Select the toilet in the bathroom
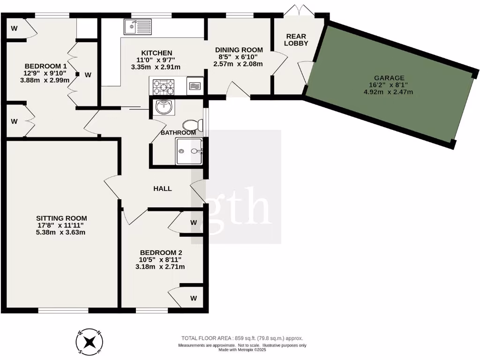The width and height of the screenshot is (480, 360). coord(193,125)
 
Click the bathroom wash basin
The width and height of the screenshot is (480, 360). coord(165,107)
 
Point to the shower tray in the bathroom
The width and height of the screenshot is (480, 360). coord(189,151)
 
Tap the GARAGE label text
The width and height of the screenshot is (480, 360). coord(389,78)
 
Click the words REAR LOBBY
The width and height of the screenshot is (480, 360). coord(297,39)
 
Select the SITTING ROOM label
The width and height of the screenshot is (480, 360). coord(62,218)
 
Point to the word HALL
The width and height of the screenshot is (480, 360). coord(163,188)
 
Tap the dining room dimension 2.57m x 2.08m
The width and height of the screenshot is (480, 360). coord(238,64)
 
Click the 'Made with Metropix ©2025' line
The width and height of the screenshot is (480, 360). coord(242,350)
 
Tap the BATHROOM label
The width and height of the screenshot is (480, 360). coord(178,133)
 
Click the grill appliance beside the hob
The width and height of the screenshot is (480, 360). coord(195,86)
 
